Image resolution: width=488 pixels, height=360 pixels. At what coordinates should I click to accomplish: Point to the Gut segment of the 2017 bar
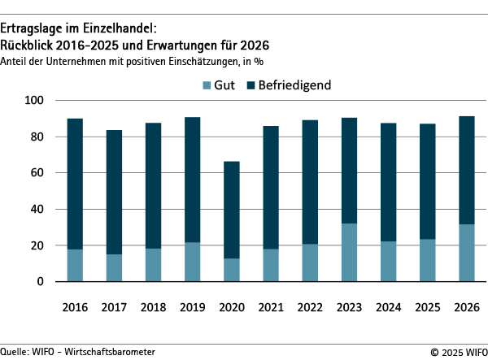(x=114, y=268)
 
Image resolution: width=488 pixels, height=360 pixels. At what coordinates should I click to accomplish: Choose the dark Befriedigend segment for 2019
(x=192, y=180)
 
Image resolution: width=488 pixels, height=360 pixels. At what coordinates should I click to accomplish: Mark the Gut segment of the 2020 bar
(x=232, y=271)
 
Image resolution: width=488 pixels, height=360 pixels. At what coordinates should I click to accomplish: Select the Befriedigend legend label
(x=294, y=85)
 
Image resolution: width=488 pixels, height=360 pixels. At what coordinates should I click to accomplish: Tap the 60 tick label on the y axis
(x=36, y=173)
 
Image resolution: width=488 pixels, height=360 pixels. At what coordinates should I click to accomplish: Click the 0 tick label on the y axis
(x=39, y=282)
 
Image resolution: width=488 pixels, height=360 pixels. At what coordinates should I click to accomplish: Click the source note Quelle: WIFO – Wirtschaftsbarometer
(x=77, y=352)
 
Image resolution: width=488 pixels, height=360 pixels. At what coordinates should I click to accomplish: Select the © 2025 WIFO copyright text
(x=456, y=352)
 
